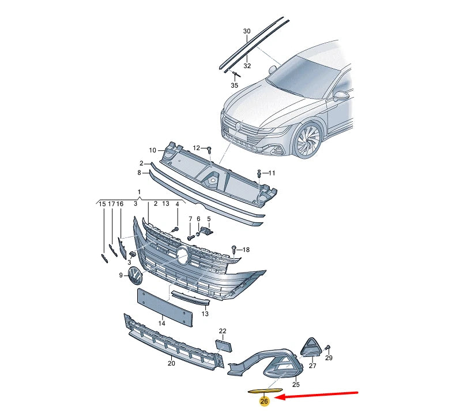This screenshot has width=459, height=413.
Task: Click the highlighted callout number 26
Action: [x=264, y=401]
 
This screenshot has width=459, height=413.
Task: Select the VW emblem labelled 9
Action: [x=135, y=275]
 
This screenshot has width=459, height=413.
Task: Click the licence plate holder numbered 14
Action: [x=165, y=307]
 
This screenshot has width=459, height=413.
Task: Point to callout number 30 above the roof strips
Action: [x=247, y=31]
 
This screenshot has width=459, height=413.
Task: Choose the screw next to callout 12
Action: [x=209, y=150]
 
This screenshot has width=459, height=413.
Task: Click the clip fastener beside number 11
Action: [x=259, y=173]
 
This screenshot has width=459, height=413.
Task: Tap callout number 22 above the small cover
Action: [x=223, y=331]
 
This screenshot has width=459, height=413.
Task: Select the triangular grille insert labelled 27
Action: [x=311, y=347]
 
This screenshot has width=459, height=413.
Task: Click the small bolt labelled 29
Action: [x=328, y=348]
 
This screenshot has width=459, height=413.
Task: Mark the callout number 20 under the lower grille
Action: [x=171, y=363]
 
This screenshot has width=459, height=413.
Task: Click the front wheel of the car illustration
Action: [x=308, y=141]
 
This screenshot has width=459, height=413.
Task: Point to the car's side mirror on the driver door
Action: [x=341, y=96]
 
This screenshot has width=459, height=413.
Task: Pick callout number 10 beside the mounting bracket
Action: [x=152, y=151]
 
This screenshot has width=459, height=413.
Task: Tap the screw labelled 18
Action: [x=234, y=250]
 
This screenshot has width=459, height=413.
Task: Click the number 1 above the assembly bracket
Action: [x=139, y=192]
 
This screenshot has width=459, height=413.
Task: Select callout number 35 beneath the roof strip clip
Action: [x=234, y=85]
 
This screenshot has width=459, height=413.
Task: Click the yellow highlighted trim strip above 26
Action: [x=265, y=390]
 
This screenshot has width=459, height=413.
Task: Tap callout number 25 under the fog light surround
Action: [x=296, y=385]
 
